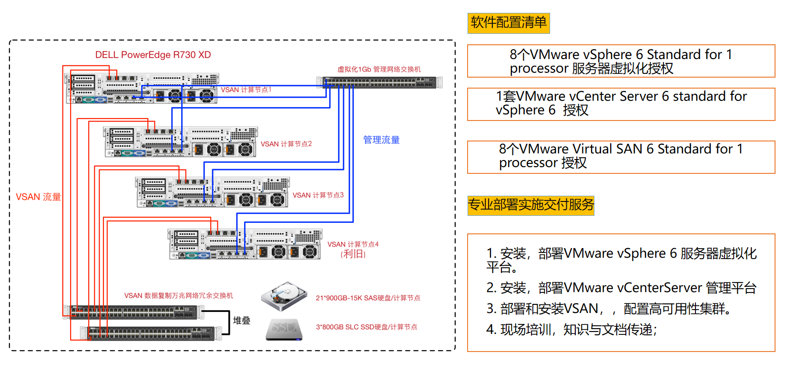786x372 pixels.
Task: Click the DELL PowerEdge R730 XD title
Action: [153, 55]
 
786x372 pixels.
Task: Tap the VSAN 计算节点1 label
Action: [246, 90]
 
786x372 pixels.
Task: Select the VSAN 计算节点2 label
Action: [286, 144]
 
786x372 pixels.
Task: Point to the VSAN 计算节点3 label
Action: [318, 195]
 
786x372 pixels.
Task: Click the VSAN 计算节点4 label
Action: [353, 244]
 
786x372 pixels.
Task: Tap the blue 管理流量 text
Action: [381, 140]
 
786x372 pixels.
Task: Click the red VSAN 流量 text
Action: [38, 197]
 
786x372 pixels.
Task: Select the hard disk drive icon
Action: [284, 296]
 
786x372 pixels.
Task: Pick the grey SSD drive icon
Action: [284, 329]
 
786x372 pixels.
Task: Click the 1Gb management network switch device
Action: [379, 82]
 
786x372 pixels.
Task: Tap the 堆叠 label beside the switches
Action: [242, 321]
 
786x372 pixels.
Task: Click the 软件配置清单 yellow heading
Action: [509, 23]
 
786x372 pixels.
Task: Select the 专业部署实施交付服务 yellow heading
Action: [531, 205]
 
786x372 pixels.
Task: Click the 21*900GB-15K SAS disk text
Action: [368, 298]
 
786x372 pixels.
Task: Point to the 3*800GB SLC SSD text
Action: [367, 327]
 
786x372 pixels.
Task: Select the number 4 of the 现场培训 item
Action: [490, 330]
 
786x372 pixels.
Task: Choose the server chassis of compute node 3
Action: [213, 192]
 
